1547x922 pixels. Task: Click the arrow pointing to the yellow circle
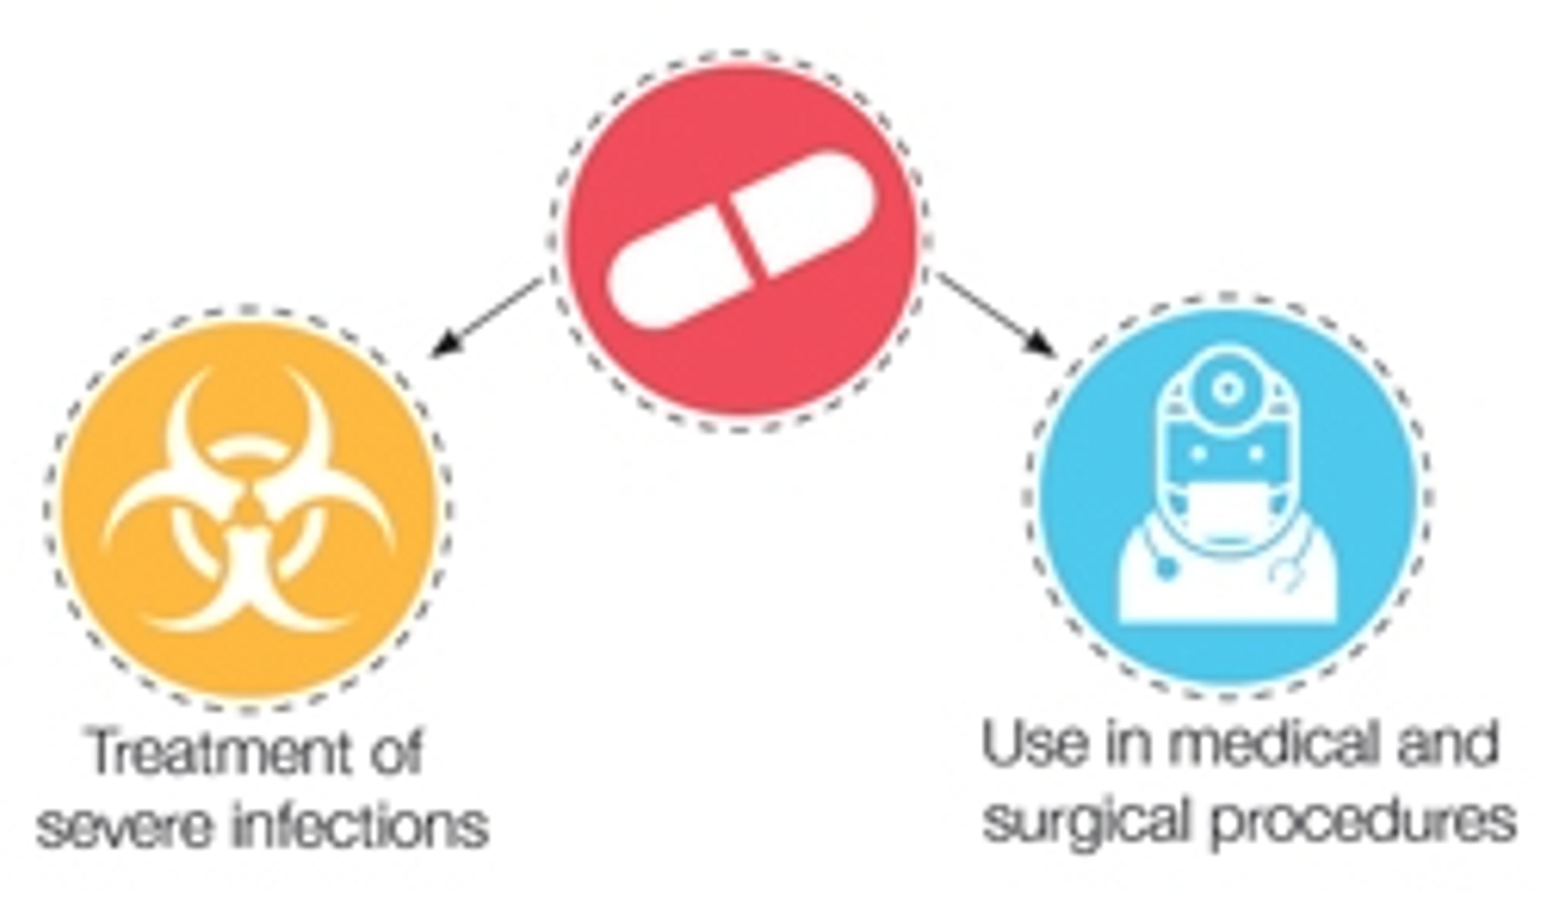pyautogui.click(x=485, y=317)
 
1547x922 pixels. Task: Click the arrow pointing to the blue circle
pyautogui.click(x=994, y=314)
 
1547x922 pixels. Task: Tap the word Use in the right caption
pyautogui.click(x=1035, y=746)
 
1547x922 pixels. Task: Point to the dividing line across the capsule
pyautogui.click(x=742, y=242)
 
